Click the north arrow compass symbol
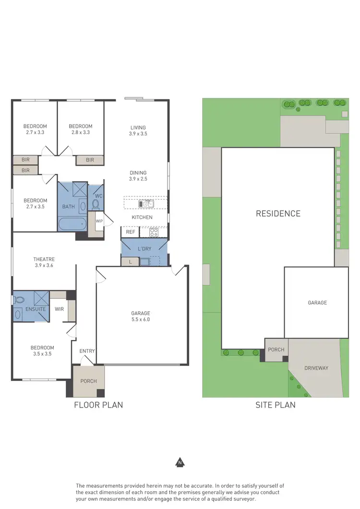click(x=180, y=463)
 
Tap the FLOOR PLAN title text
click(x=98, y=405)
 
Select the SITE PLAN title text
click(x=276, y=405)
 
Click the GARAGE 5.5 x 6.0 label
click(x=141, y=316)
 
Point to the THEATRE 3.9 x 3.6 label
click(x=44, y=262)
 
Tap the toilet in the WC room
click(x=96, y=204)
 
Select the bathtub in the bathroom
click(x=72, y=224)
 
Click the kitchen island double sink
click(x=146, y=204)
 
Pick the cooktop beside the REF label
click(x=154, y=232)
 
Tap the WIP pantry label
click(x=99, y=221)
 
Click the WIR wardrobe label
click(x=60, y=309)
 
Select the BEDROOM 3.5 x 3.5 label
click(x=42, y=351)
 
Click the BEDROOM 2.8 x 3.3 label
click(x=80, y=129)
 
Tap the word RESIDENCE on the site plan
click(x=278, y=214)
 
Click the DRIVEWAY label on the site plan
click(x=316, y=368)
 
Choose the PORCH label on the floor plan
click(x=88, y=381)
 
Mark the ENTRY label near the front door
click(x=87, y=351)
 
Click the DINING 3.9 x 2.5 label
click(x=138, y=176)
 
